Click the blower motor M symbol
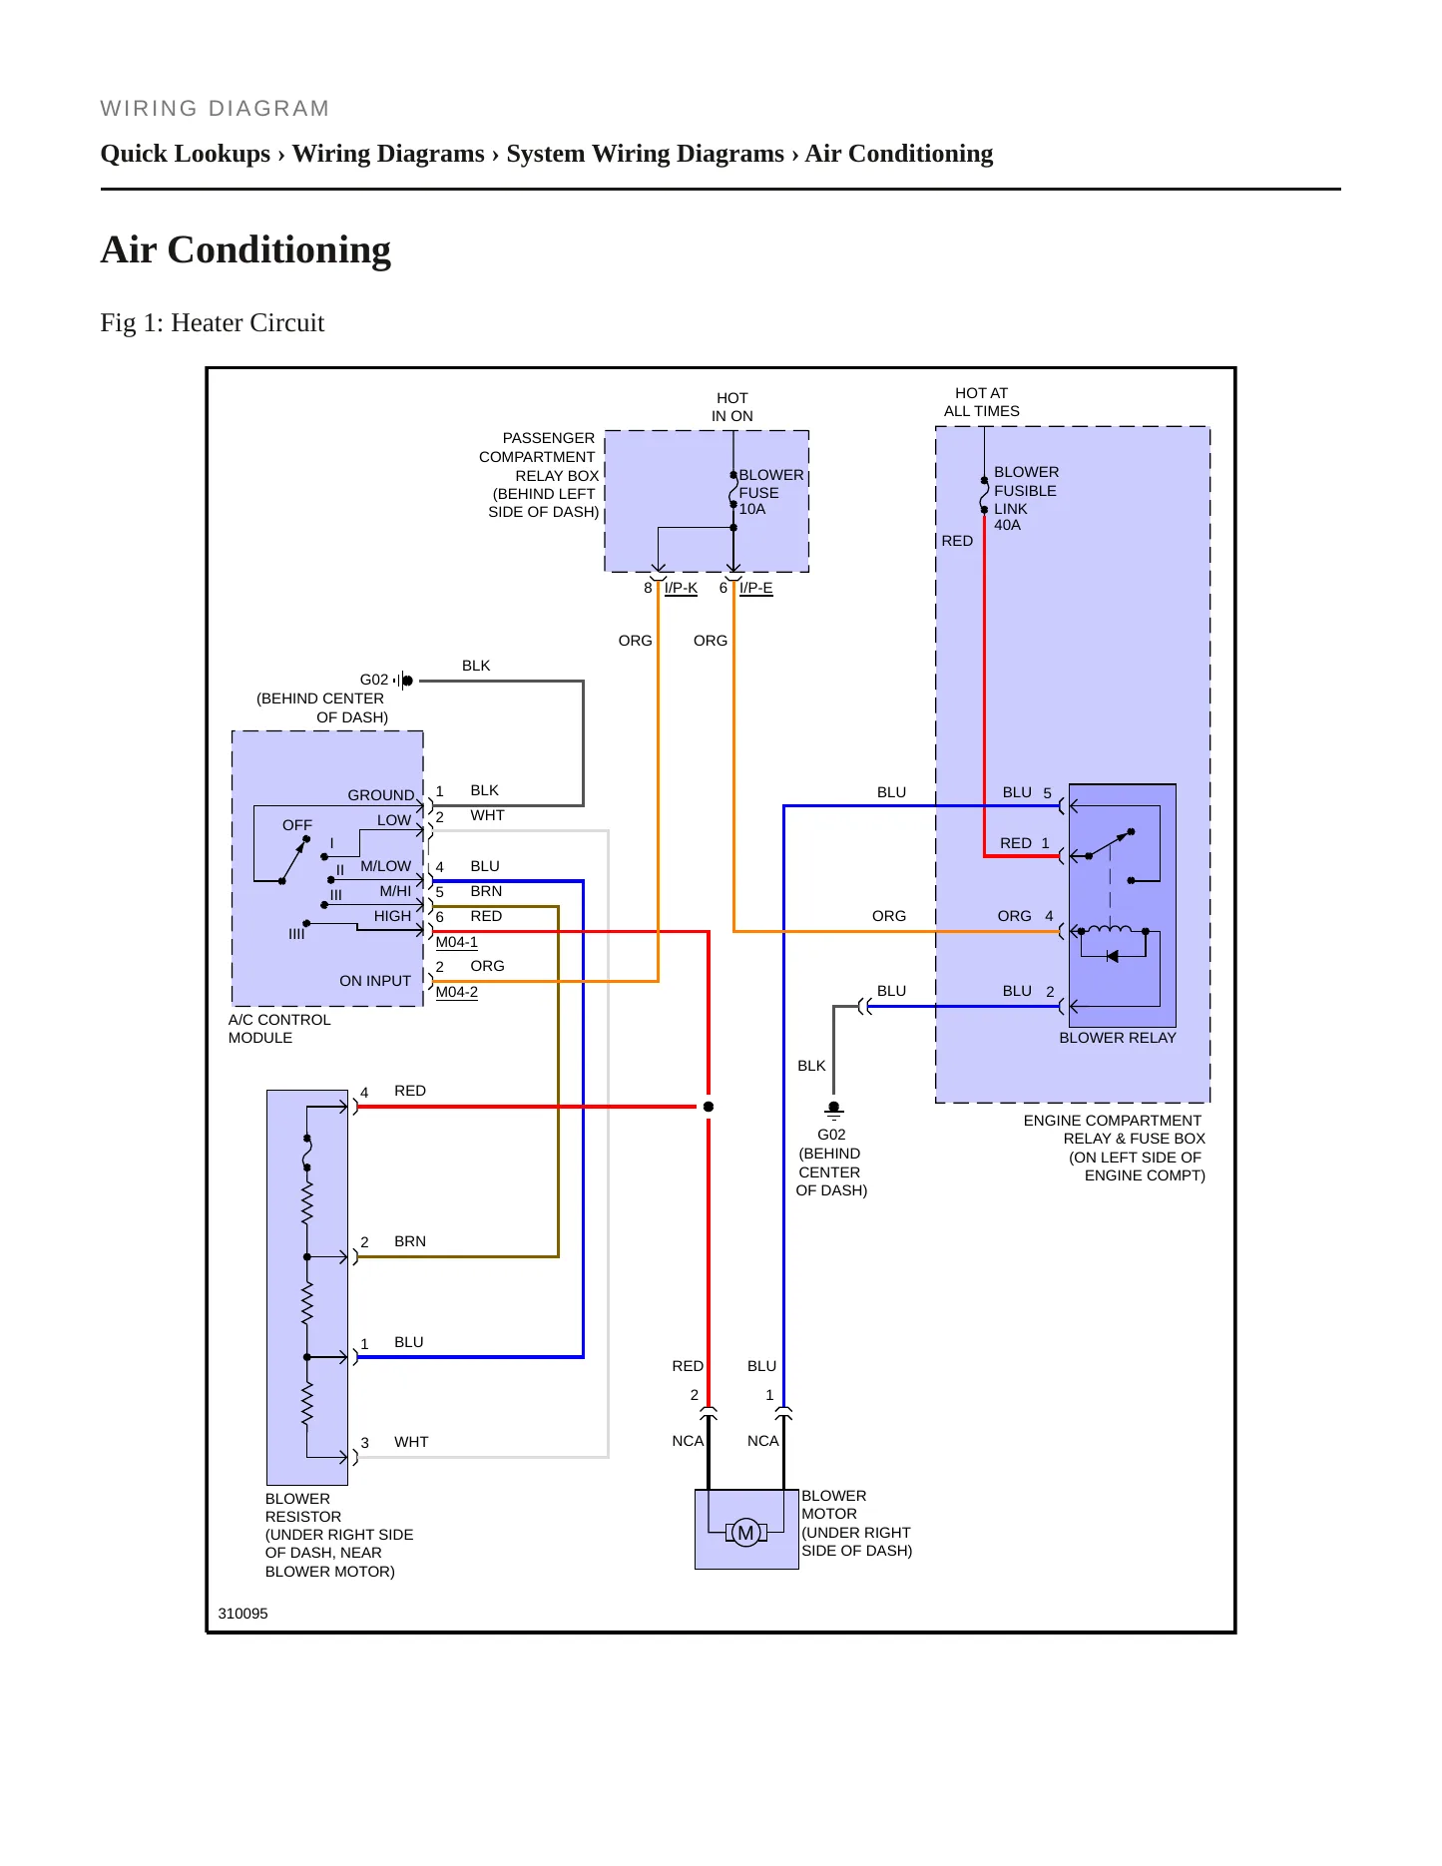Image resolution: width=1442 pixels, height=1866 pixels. (x=745, y=1533)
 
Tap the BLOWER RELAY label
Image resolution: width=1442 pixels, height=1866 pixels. (x=1117, y=1038)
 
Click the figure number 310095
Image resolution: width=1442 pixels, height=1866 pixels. (x=242, y=1614)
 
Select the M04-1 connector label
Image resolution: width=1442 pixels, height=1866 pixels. (x=456, y=942)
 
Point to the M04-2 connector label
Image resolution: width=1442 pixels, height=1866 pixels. (x=456, y=992)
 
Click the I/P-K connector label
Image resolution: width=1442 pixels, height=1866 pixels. (x=681, y=588)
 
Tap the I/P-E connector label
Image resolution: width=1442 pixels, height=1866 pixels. (x=755, y=588)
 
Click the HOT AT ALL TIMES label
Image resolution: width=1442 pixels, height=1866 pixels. (x=982, y=402)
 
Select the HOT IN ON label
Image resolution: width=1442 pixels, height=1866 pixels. (x=732, y=407)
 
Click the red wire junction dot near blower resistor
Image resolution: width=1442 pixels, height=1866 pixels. (x=709, y=1107)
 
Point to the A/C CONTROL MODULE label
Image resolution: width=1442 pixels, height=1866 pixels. (x=279, y=1029)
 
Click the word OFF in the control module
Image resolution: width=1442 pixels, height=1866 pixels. (x=297, y=825)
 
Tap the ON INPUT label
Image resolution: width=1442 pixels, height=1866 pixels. (x=375, y=981)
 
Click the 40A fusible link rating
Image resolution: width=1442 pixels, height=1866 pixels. (x=1007, y=525)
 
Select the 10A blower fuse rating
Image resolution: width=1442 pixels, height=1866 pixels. (x=752, y=509)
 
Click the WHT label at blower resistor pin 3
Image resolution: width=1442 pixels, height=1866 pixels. (x=411, y=1442)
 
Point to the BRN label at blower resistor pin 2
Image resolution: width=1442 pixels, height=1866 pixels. (x=410, y=1241)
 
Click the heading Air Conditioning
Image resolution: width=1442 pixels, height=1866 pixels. (x=245, y=249)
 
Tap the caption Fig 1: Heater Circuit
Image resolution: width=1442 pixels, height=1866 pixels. (x=213, y=322)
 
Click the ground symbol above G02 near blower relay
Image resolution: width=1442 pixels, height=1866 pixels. (x=834, y=1110)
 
